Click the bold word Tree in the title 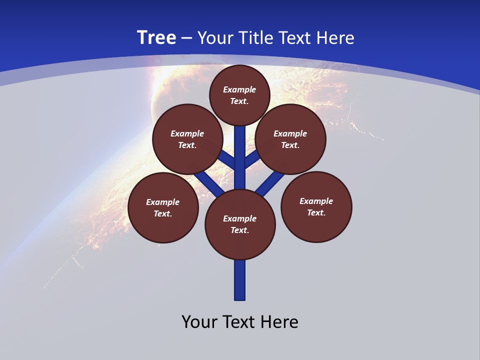156,38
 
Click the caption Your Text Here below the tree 240,322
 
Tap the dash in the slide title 187,38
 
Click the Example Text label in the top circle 239,95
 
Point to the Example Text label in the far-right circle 316,206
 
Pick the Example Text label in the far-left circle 162,208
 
